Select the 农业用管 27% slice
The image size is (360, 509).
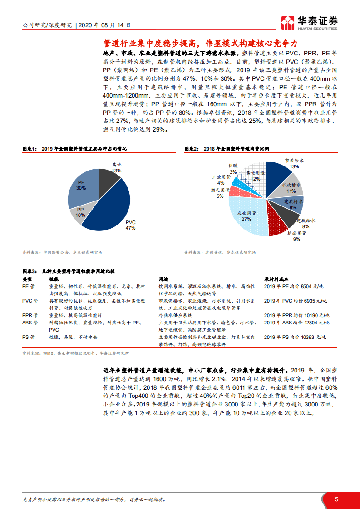tap(247, 218)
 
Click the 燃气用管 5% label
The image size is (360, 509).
tap(220, 193)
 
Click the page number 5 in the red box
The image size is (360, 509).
tap(336, 499)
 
